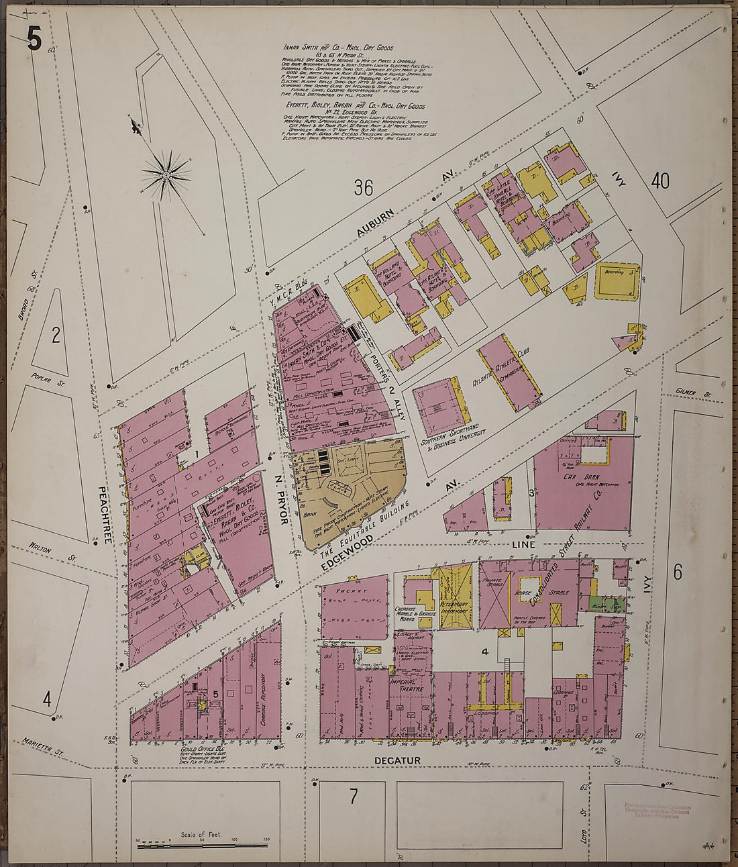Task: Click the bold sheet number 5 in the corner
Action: click(x=34, y=40)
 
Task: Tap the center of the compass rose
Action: click(x=165, y=175)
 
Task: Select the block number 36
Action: click(x=364, y=188)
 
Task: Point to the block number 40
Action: click(x=660, y=181)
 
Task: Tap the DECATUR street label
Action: click(x=403, y=760)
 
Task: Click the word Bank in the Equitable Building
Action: click(x=309, y=515)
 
